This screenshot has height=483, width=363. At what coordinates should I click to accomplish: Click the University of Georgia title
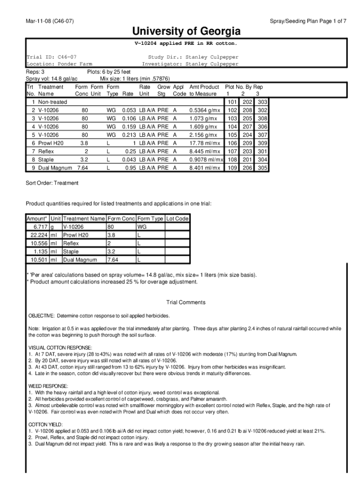pyautogui.click(x=186, y=32)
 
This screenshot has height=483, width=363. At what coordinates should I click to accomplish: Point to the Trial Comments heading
pyautogui.click(x=186, y=302)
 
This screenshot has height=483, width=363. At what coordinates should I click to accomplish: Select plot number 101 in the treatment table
pyautogui.click(x=231, y=102)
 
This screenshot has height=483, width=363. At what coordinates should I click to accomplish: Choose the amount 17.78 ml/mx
pyautogui.click(x=205, y=143)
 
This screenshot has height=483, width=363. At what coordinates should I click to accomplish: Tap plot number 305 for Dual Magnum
pyautogui.click(x=263, y=167)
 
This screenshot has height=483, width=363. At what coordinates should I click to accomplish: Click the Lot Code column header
pyautogui.click(x=177, y=219)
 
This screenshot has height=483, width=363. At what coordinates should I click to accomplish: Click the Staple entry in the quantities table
pyautogui.click(x=71, y=251)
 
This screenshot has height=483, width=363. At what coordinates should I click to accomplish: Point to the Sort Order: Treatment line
pyautogui.click(x=52, y=183)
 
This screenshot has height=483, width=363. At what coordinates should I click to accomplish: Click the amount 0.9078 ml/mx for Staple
pyautogui.click(x=206, y=159)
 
